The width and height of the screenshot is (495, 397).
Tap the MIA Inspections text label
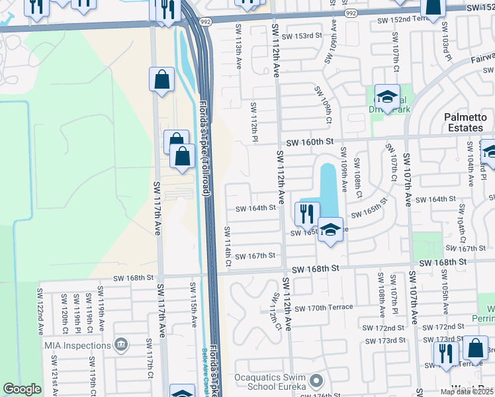[x=77, y=345]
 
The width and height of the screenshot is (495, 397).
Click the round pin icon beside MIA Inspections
[x=120, y=344]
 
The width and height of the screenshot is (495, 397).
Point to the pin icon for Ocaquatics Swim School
[x=316, y=381]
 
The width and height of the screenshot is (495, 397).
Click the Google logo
[x=22, y=390]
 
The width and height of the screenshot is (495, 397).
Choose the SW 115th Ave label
[x=194, y=304]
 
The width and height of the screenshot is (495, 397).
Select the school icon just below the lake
[x=330, y=230]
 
